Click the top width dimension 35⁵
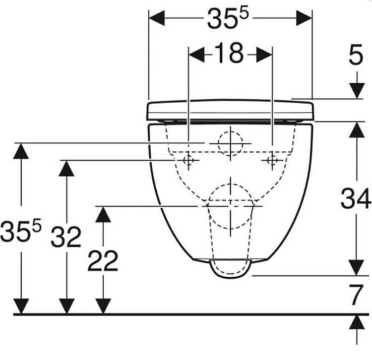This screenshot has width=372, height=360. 228,18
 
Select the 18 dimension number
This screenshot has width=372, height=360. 229,53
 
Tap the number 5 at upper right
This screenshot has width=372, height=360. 356,55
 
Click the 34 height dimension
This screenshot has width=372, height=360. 356,198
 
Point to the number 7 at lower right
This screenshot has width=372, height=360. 356,295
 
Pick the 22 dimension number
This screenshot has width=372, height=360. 103,261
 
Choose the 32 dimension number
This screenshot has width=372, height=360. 66,237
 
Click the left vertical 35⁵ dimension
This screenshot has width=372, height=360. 21,231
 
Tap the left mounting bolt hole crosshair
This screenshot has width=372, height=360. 188,161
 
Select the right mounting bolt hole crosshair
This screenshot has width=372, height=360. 272,161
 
